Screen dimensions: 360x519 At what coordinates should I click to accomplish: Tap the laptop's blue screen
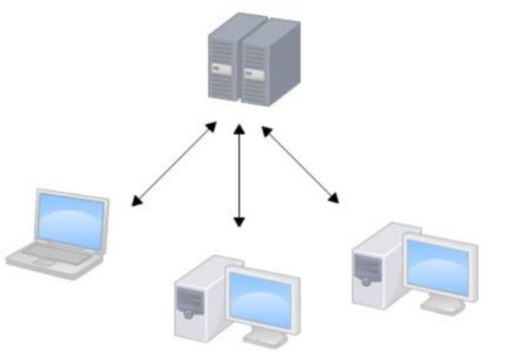tap(72, 216)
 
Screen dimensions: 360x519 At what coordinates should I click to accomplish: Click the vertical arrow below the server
tap(239, 175)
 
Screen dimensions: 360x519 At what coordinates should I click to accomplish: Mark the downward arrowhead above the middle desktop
tap(239, 222)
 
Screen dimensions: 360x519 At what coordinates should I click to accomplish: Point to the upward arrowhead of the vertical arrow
tap(239, 129)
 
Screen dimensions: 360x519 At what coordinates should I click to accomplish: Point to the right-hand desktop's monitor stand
tap(441, 305)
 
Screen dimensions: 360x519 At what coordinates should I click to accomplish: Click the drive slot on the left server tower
tap(219, 69)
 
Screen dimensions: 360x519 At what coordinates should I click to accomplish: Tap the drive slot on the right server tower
tap(248, 71)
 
